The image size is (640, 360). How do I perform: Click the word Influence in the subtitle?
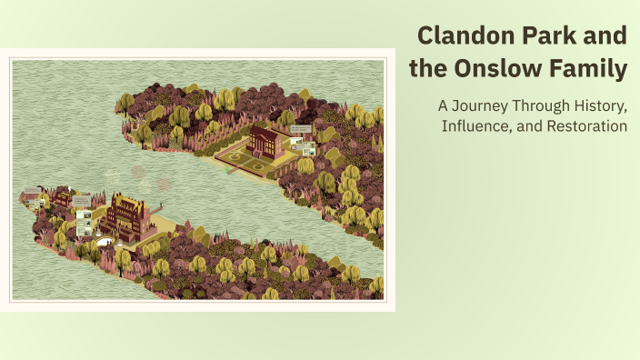[x=476, y=125]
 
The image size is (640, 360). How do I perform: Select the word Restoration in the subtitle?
[x=587, y=125]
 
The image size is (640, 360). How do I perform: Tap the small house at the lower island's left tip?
[x=34, y=195]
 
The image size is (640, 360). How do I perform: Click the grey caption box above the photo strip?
[x=81, y=202]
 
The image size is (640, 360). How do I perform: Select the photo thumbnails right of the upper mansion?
[x=304, y=145]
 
